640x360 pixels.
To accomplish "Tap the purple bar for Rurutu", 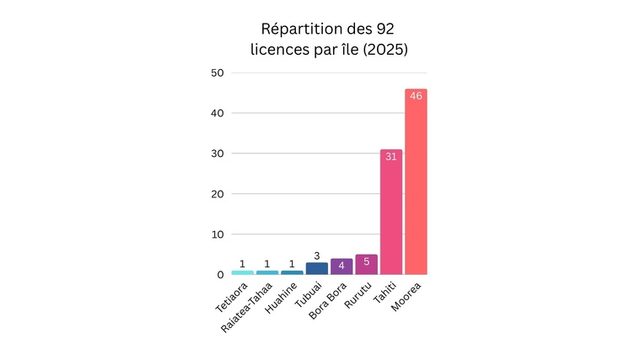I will click(x=366, y=265).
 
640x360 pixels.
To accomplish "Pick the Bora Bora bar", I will click(x=342, y=266).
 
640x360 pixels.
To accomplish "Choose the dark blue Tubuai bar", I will click(x=317, y=269).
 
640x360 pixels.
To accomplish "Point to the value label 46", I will click(x=416, y=96).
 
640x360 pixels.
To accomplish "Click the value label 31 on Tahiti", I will click(x=390, y=157).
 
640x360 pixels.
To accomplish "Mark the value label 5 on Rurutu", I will click(x=366, y=262).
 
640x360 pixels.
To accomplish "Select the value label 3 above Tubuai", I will click(x=317, y=256).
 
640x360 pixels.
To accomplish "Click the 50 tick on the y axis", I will click(x=217, y=73).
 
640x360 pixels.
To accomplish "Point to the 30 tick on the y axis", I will click(x=217, y=153).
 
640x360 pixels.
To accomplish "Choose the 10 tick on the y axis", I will click(x=217, y=234).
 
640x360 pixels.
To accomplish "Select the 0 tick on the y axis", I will click(x=220, y=275).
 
